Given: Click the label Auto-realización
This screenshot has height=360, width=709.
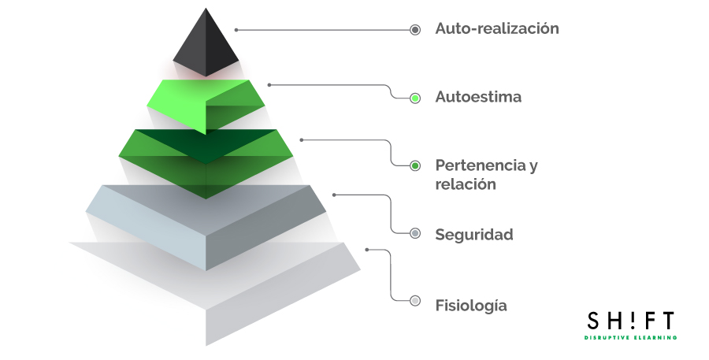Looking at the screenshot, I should (x=496, y=29).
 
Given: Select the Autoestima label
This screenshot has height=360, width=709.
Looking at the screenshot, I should (x=478, y=98).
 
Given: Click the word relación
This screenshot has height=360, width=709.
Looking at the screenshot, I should (x=465, y=184).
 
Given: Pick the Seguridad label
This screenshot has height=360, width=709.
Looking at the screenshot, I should (x=473, y=235).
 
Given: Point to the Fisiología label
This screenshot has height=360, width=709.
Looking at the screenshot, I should (x=471, y=306).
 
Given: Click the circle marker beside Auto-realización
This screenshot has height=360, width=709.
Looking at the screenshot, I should (x=415, y=30).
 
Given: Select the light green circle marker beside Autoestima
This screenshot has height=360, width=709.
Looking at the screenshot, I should (x=415, y=98).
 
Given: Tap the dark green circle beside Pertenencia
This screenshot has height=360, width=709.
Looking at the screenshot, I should (x=415, y=166).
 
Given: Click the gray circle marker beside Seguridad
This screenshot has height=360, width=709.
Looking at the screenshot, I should (x=415, y=233).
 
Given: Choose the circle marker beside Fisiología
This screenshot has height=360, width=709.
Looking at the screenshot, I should (x=415, y=301).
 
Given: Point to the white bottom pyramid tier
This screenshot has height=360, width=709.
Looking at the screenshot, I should (x=213, y=291).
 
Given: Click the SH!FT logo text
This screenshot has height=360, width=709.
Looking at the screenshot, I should (x=630, y=321).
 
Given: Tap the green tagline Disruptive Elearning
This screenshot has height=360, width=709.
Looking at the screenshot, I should (x=630, y=337).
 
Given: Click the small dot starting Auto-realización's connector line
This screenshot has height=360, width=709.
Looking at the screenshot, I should (x=236, y=30).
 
